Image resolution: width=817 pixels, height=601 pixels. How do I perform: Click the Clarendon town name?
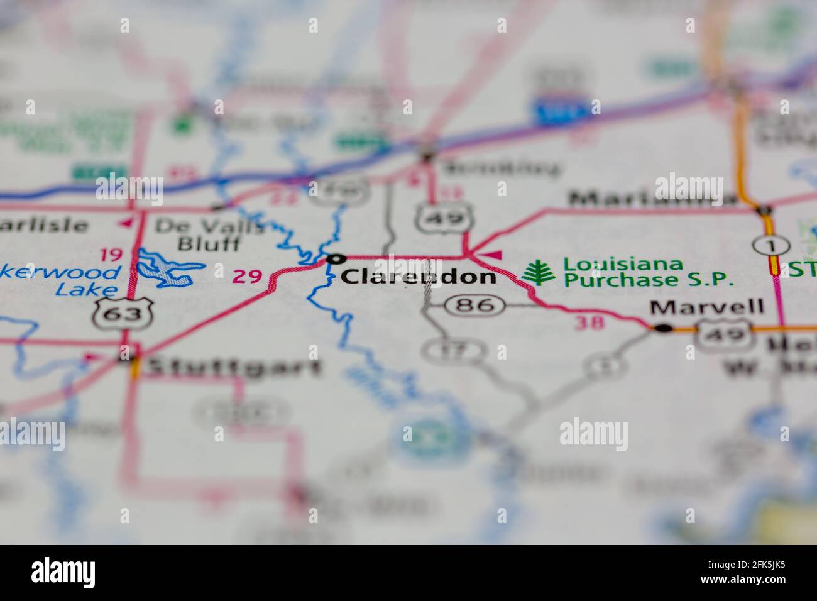tap(418, 277)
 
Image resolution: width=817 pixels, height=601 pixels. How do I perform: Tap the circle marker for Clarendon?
tap(336, 258)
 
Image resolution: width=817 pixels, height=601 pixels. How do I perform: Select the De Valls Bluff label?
tap(209, 234)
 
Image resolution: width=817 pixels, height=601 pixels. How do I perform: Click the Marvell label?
tap(707, 307)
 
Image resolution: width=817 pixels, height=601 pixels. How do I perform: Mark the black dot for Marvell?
tap(662, 328)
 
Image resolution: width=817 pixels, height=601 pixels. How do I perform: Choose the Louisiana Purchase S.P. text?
tap(648, 272)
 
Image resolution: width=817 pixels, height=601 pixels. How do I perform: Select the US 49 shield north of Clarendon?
tap(443, 218)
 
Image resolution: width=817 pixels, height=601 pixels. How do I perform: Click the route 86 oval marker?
tap(474, 306)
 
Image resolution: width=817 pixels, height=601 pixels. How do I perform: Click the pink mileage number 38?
tap(589, 323)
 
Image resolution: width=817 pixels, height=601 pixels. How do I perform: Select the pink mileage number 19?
tap(111, 255)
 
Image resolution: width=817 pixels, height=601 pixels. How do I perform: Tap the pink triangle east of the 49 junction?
tap(494, 255)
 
